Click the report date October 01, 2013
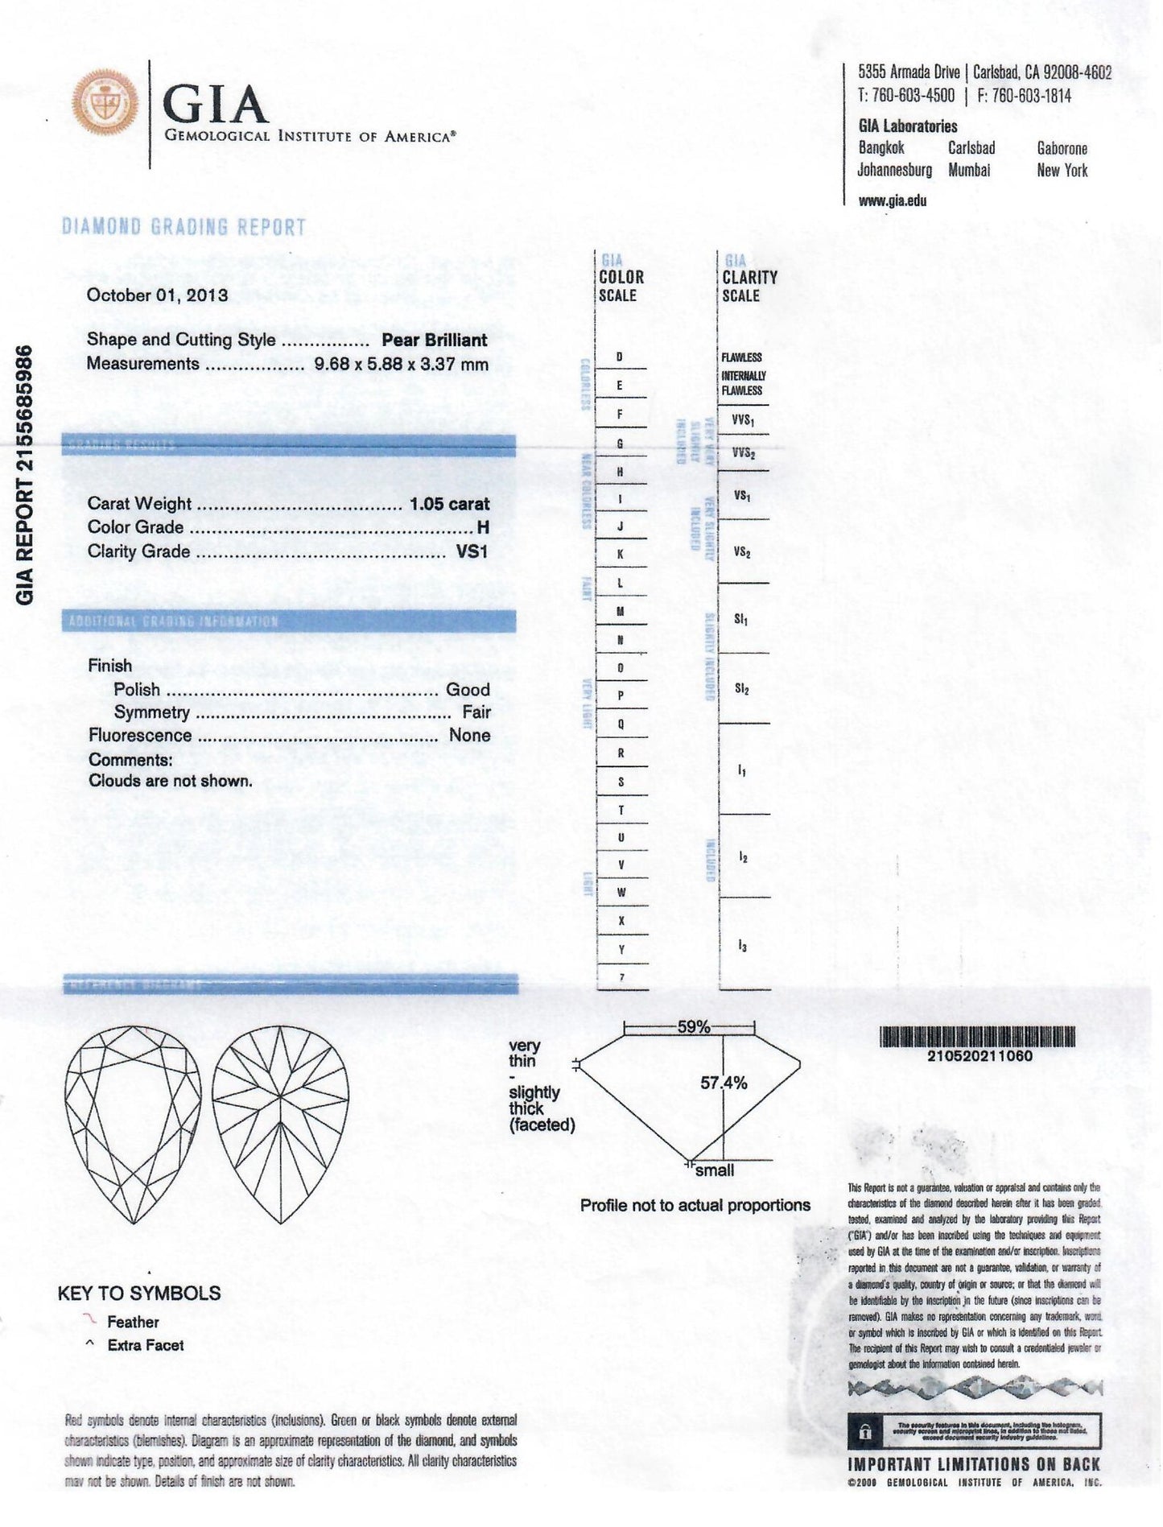click(x=157, y=295)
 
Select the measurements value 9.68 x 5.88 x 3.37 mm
click(x=401, y=364)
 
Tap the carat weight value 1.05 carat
click(x=449, y=504)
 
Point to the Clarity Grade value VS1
click(x=472, y=551)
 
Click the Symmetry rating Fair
click(x=476, y=712)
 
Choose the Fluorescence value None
click(x=470, y=736)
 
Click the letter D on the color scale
click(x=619, y=357)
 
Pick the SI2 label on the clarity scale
click(x=741, y=689)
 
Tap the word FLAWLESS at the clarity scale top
click(x=741, y=357)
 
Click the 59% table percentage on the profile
click(x=693, y=1027)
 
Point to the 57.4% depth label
click(x=724, y=1083)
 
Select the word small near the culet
click(x=715, y=1170)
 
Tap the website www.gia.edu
click(x=892, y=201)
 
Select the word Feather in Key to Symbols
click(x=133, y=1322)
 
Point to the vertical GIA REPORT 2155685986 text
click(x=26, y=474)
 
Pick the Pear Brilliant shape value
click(x=435, y=340)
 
